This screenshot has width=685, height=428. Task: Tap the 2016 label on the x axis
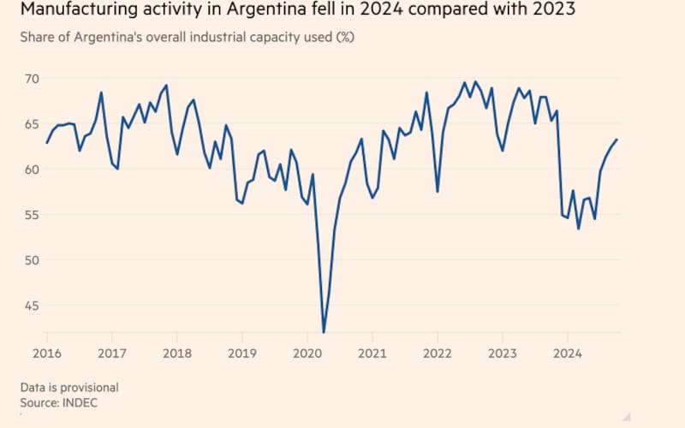(x=46, y=353)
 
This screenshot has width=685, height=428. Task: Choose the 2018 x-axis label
(x=176, y=353)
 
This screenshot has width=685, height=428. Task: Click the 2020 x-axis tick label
(x=307, y=353)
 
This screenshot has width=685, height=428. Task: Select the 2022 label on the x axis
(x=438, y=353)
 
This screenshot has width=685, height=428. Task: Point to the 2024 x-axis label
(x=568, y=353)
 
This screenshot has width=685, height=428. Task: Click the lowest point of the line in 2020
(x=324, y=332)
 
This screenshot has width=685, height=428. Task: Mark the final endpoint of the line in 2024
(x=617, y=140)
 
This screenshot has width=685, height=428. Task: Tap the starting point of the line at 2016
(x=46, y=143)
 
